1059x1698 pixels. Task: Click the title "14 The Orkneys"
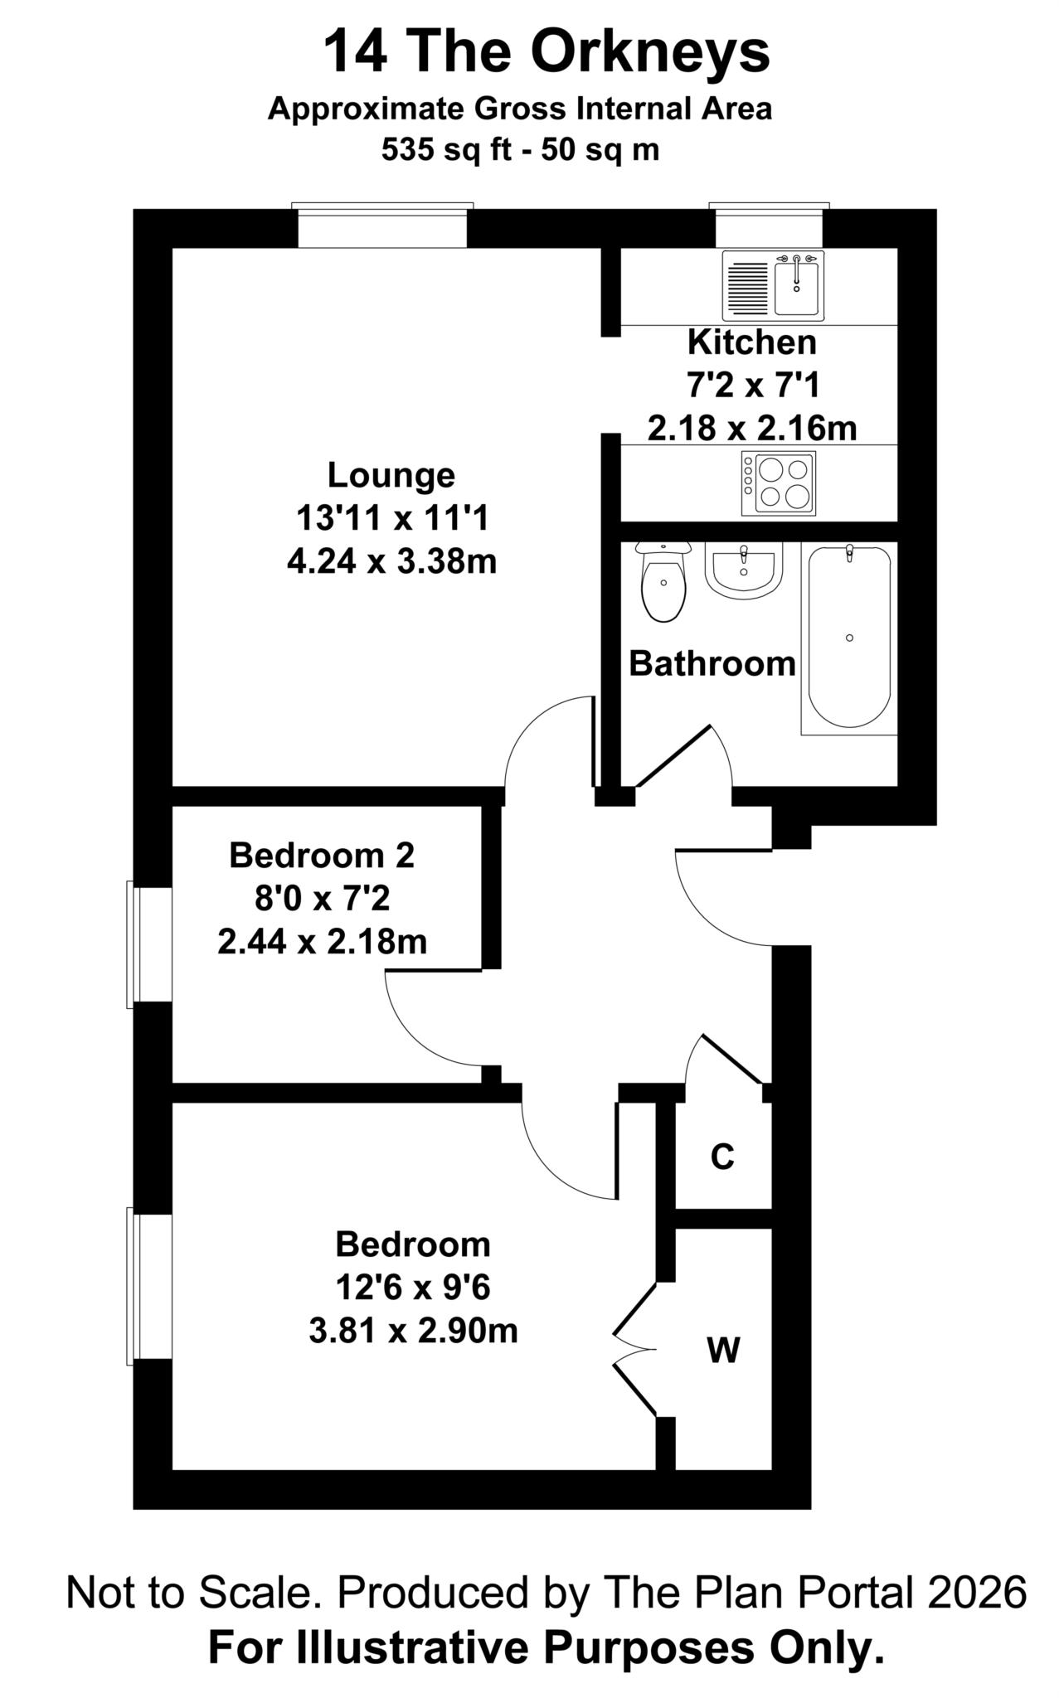coord(546,51)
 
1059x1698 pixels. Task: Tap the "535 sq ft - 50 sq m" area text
coord(520,150)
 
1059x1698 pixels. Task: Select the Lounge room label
coord(391,476)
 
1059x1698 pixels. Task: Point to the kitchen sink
coord(775,286)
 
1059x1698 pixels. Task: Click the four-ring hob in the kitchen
coord(779,483)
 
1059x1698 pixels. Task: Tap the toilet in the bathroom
coord(663,581)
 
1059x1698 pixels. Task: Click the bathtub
coord(849,638)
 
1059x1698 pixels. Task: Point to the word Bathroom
coord(712,664)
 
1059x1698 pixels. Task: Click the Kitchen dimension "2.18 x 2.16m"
coord(752,429)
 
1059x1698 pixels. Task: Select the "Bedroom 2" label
coord(322,855)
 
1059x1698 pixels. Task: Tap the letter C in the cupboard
coord(722,1157)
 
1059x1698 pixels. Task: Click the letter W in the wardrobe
coord(723,1351)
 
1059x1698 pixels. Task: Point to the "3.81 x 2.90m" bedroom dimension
coord(413,1332)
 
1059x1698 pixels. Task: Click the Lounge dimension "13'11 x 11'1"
coord(392,519)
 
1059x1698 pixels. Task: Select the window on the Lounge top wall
coord(382,226)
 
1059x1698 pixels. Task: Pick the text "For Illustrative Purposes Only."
coord(546,1647)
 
